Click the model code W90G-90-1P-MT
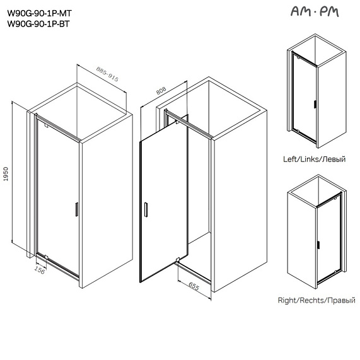(40, 13)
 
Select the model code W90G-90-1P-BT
(38, 24)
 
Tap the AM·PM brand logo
(315, 11)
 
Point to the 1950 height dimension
(6, 174)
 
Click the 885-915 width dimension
(107, 74)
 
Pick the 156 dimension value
(40, 270)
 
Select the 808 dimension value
(161, 90)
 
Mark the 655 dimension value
(194, 286)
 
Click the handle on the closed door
(77, 209)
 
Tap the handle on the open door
(146, 209)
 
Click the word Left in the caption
(290, 159)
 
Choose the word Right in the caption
(287, 300)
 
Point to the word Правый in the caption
(342, 300)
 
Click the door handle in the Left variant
(315, 104)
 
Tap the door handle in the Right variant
(318, 245)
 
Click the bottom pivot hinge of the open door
(177, 260)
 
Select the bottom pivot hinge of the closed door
(46, 257)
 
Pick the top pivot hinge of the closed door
(46, 125)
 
